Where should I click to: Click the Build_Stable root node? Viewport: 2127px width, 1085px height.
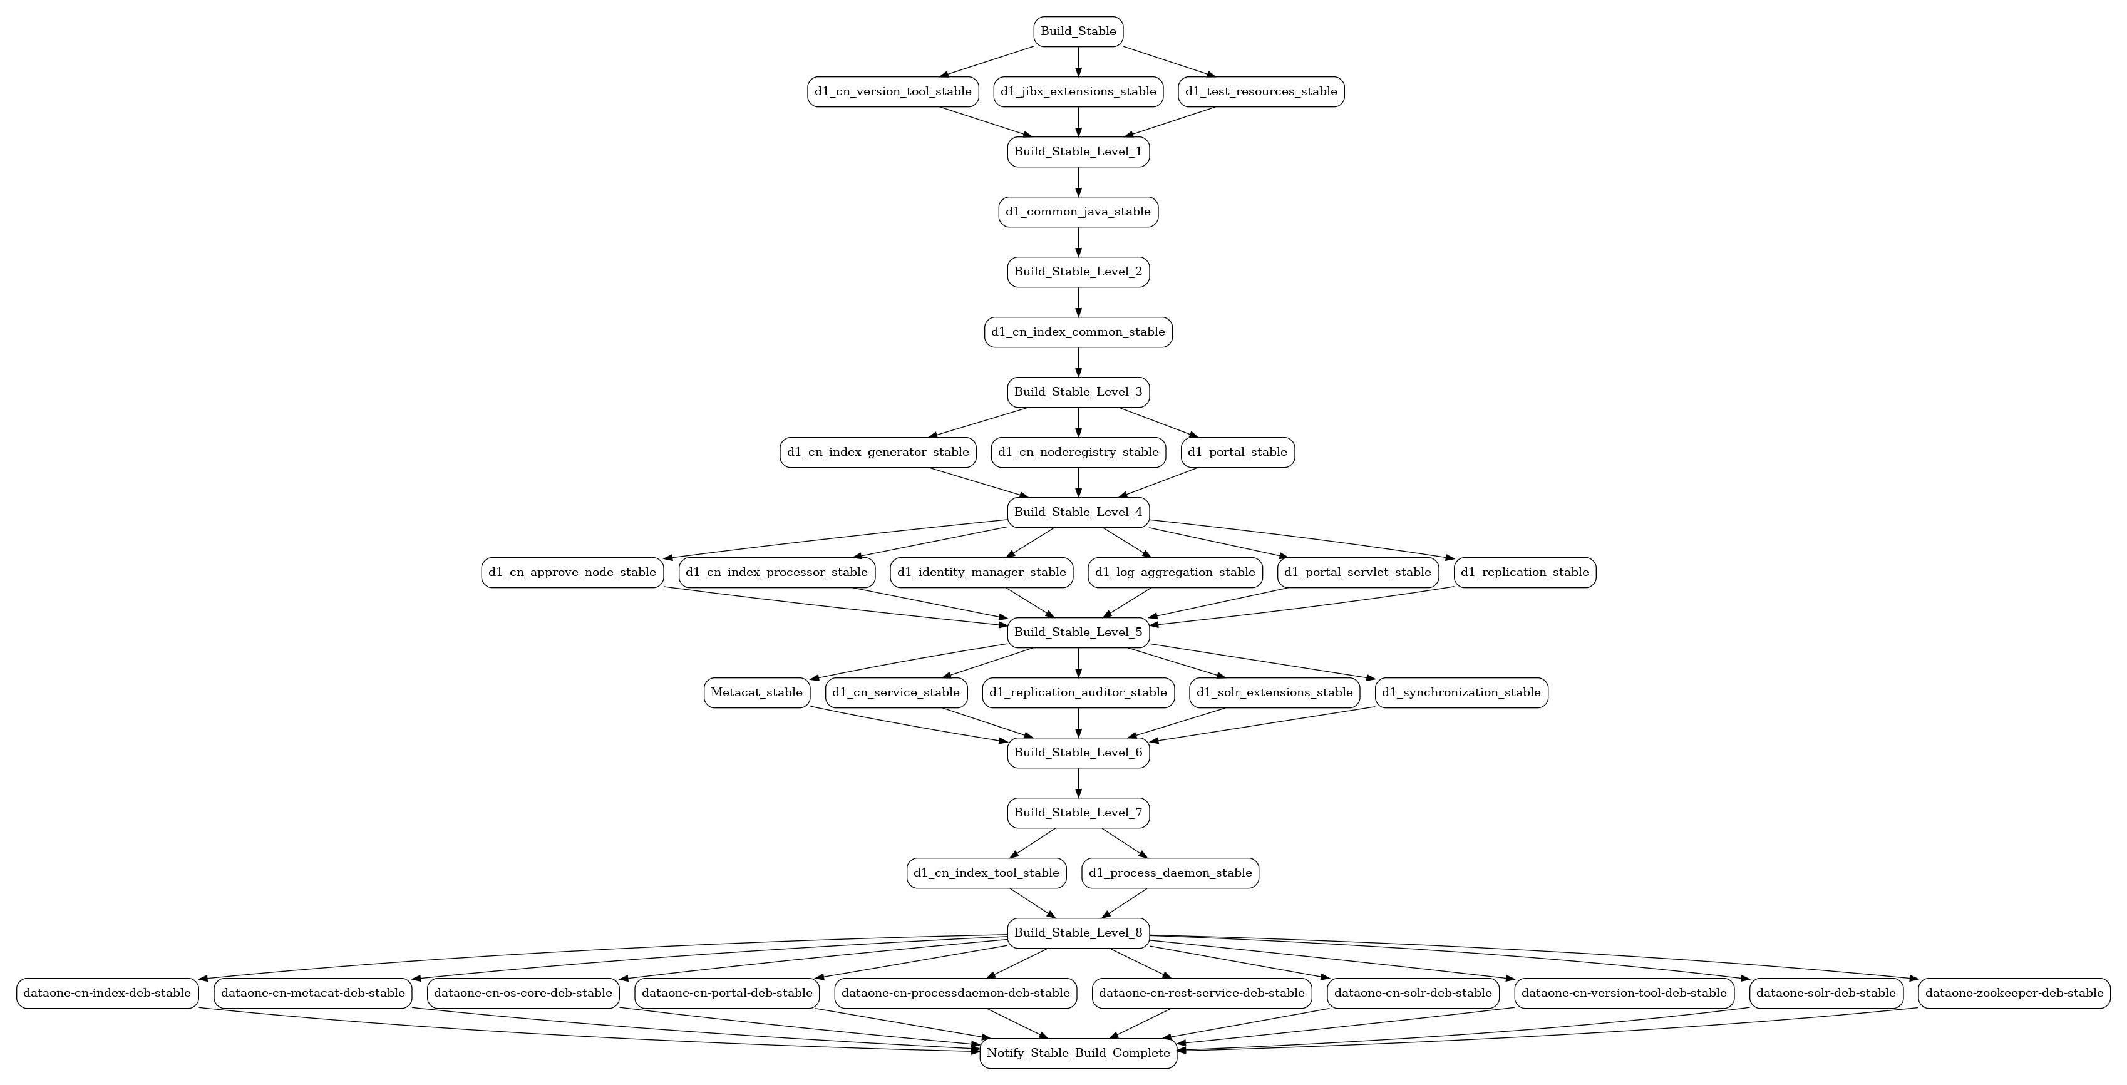pos(1078,31)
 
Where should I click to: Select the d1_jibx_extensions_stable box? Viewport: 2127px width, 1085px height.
pos(1078,91)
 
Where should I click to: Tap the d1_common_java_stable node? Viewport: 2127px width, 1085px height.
pos(1078,212)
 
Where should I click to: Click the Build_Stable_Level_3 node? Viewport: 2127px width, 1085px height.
pos(1078,392)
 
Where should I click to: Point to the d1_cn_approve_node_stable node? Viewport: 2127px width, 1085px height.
pos(572,572)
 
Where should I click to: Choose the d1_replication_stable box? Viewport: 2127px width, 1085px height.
pos(1525,572)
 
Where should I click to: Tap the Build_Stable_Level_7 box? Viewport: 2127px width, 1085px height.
pos(1078,813)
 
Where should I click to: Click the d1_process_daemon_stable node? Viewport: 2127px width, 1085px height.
pos(1170,873)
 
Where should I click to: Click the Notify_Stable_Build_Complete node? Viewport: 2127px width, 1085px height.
pos(1078,1053)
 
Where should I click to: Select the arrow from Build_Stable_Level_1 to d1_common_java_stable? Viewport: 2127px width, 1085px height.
pos(1078,182)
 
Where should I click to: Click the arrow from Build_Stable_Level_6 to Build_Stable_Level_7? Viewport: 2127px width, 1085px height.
pos(1078,783)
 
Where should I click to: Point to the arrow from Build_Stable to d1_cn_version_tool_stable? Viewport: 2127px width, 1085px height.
pos(987,62)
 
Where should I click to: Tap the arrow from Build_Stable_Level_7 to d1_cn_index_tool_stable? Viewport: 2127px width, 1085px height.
pos(1033,843)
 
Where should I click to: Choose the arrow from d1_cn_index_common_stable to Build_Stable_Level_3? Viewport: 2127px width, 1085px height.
pos(1078,363)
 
